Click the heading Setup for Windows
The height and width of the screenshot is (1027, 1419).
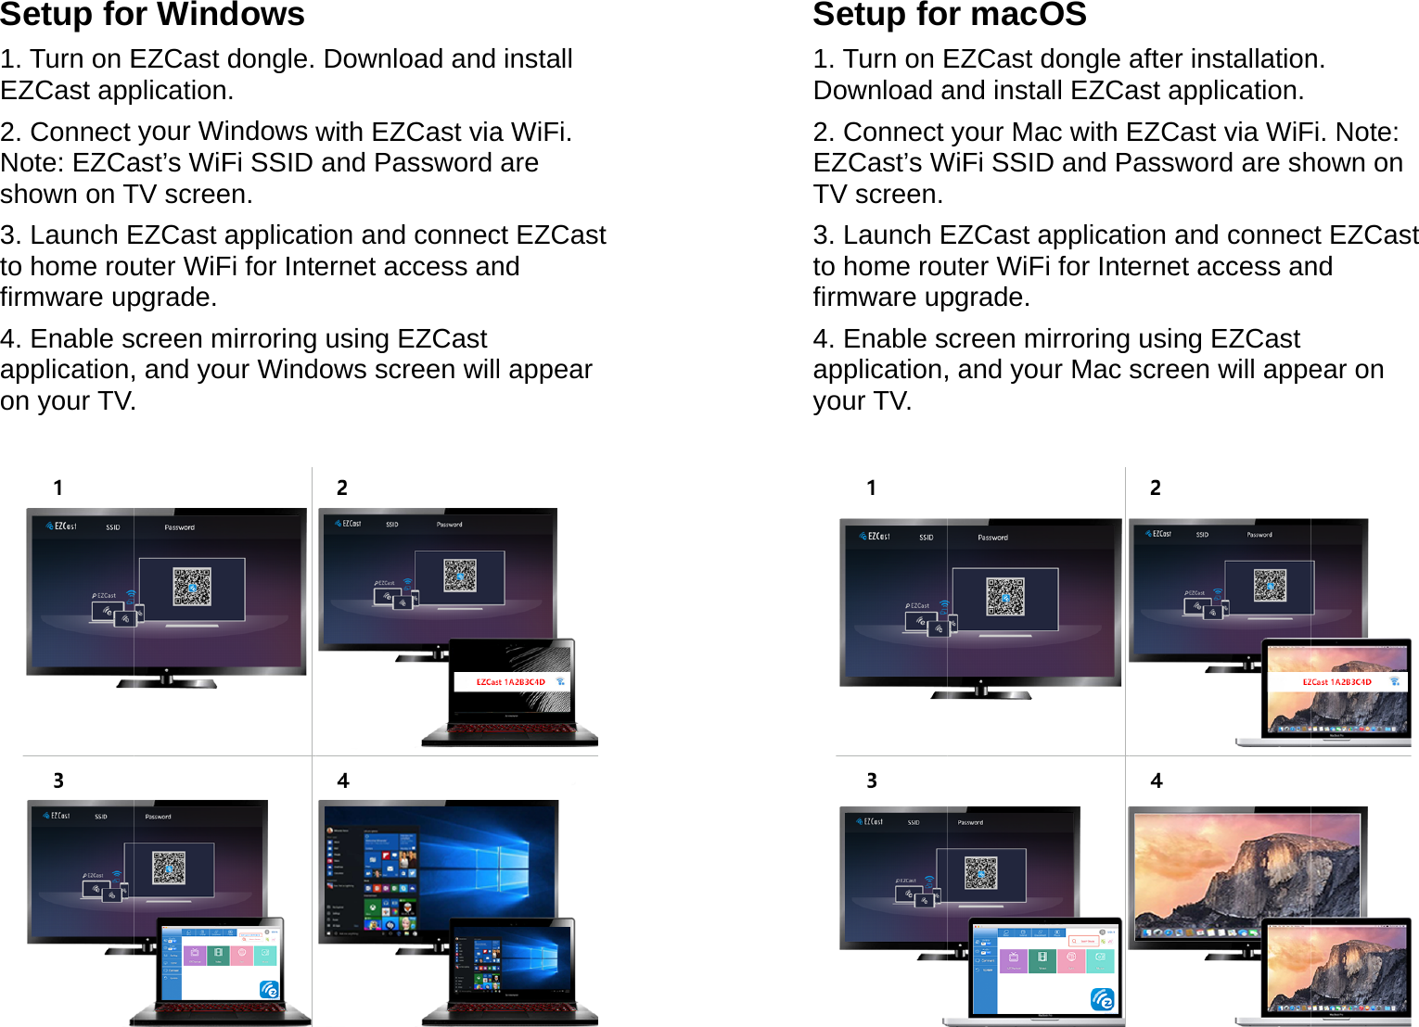click(152, 15)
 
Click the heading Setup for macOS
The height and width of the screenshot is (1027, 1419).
click(949, 15)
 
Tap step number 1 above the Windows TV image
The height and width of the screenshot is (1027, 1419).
click(58, 488)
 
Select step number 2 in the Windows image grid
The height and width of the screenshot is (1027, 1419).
click(342, 488)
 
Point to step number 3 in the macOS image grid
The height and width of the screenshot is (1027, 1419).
click(872, 780)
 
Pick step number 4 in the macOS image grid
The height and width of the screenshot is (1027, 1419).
click(1157, 780)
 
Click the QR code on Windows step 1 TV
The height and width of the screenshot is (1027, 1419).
click(192, 587)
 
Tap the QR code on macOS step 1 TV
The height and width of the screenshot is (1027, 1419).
click(1005, 598)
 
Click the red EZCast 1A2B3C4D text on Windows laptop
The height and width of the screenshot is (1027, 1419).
click(510, 682)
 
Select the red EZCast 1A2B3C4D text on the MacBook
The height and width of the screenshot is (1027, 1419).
click(1336, 682)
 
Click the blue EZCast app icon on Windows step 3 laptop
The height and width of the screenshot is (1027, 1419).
click(269, 990)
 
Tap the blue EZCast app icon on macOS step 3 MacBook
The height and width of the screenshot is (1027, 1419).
click(1103, 999)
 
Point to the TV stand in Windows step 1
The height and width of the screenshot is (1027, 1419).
click(167, 681)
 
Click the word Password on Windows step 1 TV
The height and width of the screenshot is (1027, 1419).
click(179, 527)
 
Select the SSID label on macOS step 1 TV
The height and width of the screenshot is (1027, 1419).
click(926, 538)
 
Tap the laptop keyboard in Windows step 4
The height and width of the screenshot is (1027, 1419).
click(510, 1008)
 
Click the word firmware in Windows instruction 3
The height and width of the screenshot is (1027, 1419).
click(53, 298)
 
